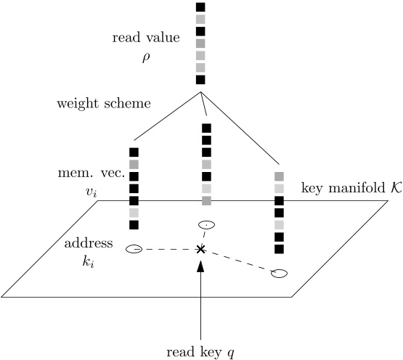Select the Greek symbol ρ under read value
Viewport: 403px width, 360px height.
(145, 55)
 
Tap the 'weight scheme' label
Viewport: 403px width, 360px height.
(104, 103)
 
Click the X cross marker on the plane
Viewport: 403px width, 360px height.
(201, 249)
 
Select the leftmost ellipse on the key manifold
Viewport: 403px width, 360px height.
(134, 249)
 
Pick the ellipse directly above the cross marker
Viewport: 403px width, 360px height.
(206, 225)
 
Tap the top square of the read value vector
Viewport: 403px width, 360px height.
(201, 7)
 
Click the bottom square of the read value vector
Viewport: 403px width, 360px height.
(201, 80)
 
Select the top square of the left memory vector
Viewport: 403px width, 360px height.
(134, 152)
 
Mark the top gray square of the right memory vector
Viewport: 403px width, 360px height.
(279, 176)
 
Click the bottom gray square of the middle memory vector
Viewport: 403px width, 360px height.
(206, 200)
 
